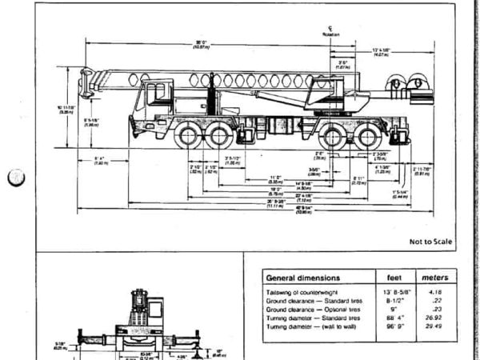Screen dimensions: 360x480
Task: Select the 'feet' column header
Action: (394, 278)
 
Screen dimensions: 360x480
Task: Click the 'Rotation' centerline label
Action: (330, 33)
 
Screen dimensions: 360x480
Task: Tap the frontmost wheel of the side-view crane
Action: (189, 137)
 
